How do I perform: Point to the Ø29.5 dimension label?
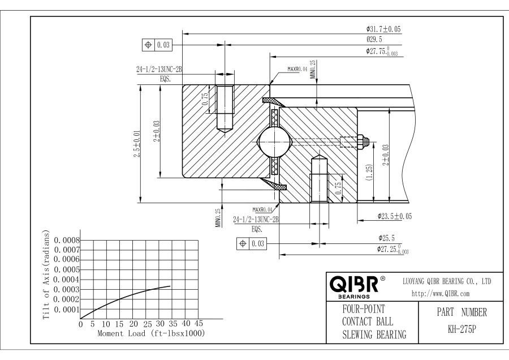point(374,40)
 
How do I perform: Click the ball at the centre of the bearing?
point(273,142)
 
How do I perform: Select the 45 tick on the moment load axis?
point(199,324)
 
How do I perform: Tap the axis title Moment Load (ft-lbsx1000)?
point(151,333)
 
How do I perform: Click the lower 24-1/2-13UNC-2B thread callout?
point(257,219)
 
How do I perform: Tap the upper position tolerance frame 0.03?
point(158,44)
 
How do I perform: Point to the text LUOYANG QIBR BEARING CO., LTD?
point(447,281)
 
